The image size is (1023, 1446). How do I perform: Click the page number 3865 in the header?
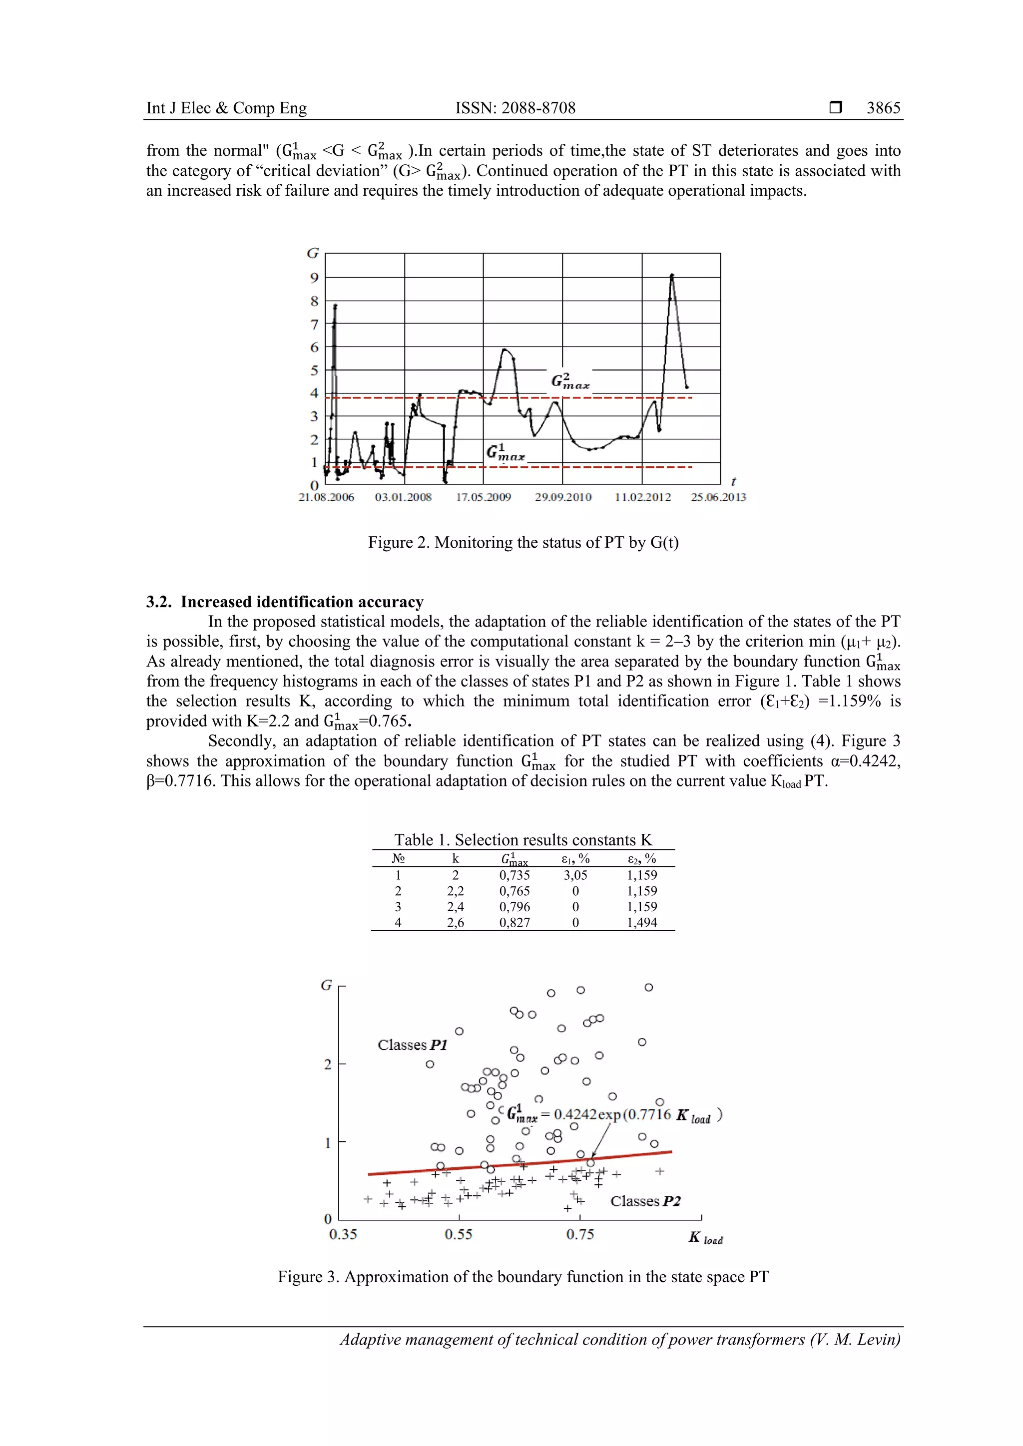(883, 108)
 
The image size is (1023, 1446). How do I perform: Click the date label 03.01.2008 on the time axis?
(403, 497)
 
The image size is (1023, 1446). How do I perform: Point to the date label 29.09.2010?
(563, 497)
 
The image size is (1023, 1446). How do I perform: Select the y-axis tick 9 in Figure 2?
(314, 278)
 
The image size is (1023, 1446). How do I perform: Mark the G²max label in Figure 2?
(570, 381)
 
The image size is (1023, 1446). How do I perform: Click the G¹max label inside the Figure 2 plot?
(505, 453)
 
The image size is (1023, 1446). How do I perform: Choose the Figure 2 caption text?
(523, 542)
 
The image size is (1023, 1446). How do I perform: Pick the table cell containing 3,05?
(575, 875)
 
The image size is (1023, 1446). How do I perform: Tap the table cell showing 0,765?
(514, 891)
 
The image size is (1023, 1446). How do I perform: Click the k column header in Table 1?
(456, 858)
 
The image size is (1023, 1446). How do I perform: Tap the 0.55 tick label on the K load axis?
(458, 1234)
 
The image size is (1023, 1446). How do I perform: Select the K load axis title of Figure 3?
(705, 1238)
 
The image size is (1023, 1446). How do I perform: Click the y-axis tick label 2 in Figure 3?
(328, 1065)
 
